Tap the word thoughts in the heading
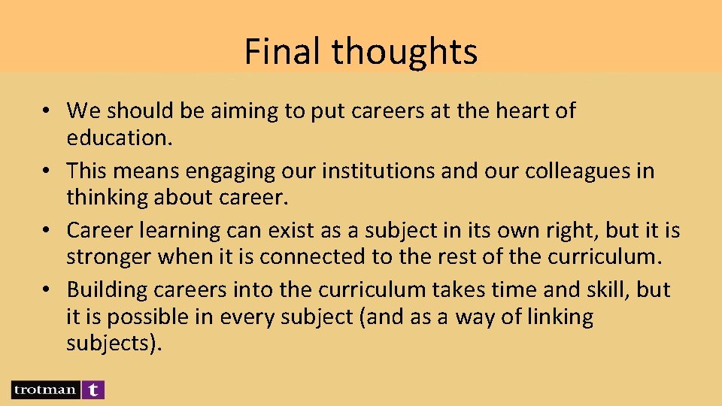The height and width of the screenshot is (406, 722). coord(405,52)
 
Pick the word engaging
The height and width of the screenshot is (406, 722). coord(218,171)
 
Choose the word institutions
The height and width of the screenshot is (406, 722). coord(378,171)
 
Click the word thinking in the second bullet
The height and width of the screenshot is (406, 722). coord(105,197)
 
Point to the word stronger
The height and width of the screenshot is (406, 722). coord(108,256)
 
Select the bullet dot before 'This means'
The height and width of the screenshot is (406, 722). coord(47,171)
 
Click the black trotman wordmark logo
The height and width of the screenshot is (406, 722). coord(45,389)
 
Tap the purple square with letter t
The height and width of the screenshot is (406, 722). coord(93,389)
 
